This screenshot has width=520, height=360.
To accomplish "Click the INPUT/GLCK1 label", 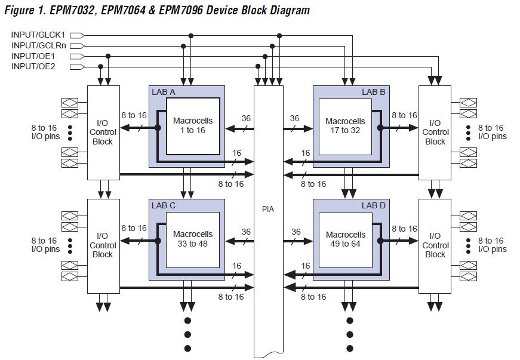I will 38,35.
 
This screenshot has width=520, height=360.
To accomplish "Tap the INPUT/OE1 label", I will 33,56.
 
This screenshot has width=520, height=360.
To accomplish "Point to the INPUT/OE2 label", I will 33,66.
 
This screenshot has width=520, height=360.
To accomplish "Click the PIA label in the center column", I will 268,210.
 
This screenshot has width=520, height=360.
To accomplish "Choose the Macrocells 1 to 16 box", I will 192,125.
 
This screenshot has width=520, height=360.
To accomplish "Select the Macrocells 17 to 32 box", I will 345,125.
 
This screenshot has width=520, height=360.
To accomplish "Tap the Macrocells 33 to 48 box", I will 192,238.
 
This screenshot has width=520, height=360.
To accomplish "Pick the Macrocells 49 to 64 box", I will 345,238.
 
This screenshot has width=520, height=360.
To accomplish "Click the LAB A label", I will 163,92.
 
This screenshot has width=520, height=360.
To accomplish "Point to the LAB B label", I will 373,92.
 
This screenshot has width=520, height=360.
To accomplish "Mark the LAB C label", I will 163,205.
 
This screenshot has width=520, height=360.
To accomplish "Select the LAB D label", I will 373,205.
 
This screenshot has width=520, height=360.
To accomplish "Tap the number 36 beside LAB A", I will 246,118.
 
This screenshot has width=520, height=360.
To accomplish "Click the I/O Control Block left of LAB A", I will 103,132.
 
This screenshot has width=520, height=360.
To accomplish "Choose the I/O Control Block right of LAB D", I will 435,245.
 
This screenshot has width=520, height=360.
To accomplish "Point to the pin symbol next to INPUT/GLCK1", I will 77,35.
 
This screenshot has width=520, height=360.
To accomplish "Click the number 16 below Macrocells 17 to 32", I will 306,153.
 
